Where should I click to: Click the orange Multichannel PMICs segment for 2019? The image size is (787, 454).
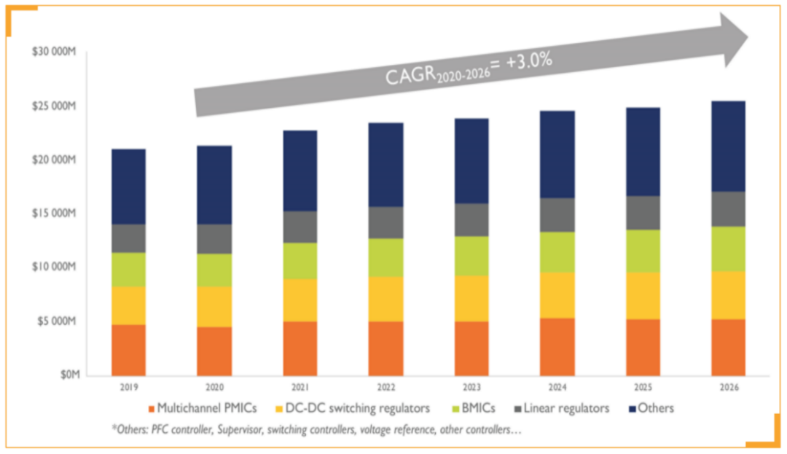tap(128, 350)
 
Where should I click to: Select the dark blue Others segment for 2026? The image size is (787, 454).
tap(727, 146)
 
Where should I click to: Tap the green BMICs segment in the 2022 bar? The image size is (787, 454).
tap(385, 257)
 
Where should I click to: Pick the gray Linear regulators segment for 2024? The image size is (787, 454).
tap(557, 215)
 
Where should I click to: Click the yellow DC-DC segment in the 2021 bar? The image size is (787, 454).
tap(300, 300)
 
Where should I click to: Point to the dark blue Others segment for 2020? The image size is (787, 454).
tap(214, 185)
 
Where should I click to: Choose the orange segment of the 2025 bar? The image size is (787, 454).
tap(643, 347)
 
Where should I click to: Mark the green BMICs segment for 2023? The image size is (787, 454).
tap(471, 256)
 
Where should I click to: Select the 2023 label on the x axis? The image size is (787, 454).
tap(471, 388)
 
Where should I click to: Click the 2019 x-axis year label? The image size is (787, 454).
tap(128, 388)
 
